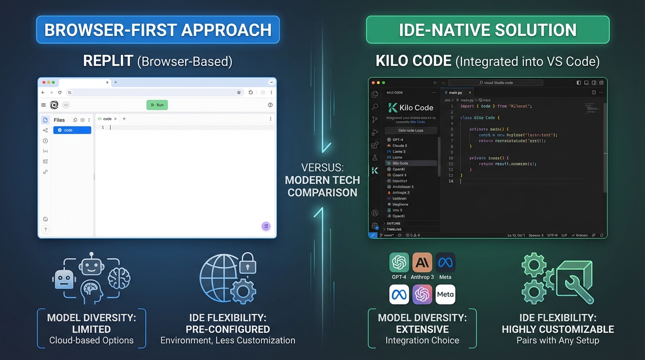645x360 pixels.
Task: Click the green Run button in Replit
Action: [157, 105]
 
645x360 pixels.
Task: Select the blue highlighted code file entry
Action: [72, 130]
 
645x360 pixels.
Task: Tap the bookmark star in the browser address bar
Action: [239, 93]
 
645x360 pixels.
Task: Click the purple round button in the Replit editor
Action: [266, 226]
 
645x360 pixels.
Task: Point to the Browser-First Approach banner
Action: [158, 30]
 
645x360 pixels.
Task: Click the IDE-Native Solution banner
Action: [487, 30]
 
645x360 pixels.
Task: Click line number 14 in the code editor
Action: [450, 181]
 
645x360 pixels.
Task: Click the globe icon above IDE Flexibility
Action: [219, 277]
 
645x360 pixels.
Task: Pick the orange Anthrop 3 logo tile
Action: [422, 263]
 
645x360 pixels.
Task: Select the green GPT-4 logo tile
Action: [399, 263]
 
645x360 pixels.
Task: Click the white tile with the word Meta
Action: [445, 294]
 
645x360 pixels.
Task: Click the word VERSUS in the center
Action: [322, 167]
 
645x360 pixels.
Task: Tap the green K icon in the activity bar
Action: [375, 171]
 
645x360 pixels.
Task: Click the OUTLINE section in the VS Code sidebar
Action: [393, 224]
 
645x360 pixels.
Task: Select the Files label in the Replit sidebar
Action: [59, 120]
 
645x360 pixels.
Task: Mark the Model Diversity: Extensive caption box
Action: [422, 329]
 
